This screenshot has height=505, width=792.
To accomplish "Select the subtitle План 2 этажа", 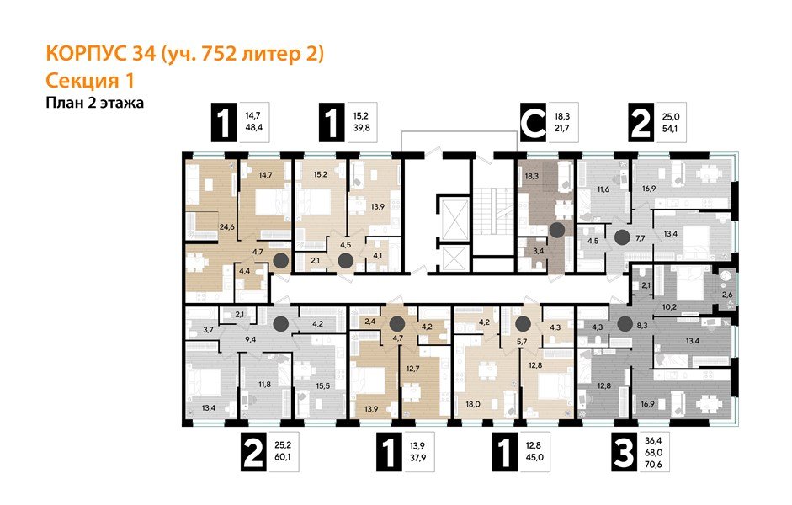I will tap(95, 104).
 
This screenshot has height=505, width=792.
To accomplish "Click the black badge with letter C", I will tap(533, 123).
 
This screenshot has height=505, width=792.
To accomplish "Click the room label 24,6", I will tap(202, 226).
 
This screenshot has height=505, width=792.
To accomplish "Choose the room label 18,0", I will tap(472, 404).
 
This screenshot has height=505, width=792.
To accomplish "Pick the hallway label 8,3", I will tap(642, 333).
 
